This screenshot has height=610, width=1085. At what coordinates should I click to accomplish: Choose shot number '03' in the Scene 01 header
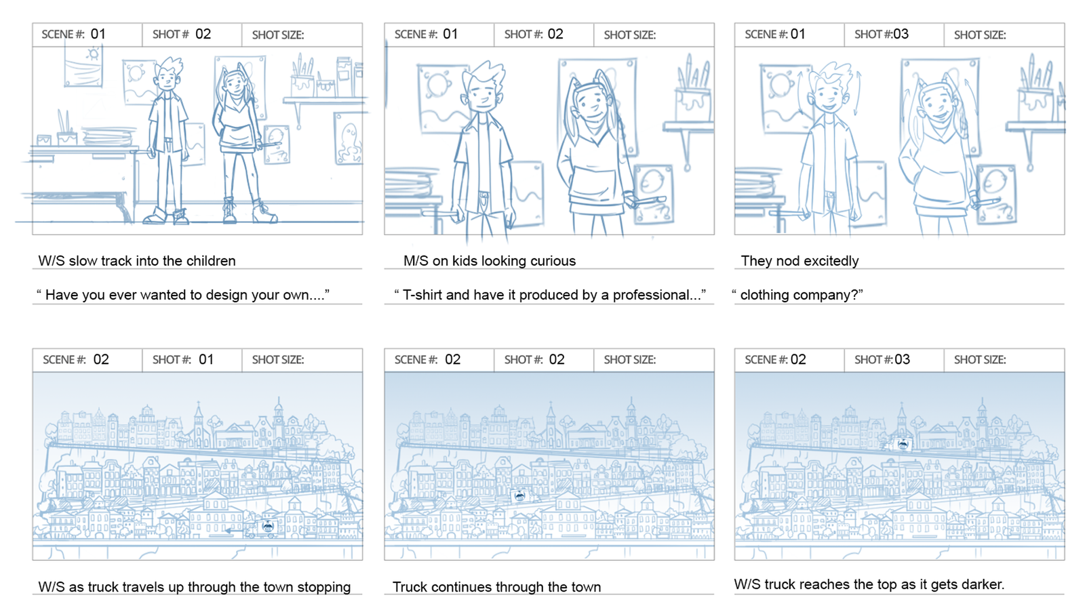pos(901,34)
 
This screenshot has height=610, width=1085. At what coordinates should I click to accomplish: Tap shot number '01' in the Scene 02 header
pos(206,359)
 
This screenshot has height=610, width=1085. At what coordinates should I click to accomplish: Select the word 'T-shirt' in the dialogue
pos(422,295)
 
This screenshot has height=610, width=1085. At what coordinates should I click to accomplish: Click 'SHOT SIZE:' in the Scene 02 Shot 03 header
pos(980,360)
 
